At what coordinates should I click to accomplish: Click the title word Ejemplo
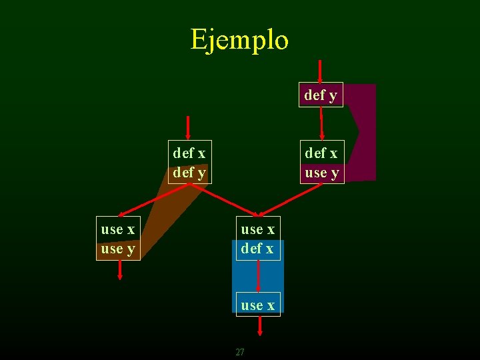tap(239, 39)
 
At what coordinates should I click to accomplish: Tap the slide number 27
tap(240, 352)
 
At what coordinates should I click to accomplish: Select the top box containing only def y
tap(321, 95)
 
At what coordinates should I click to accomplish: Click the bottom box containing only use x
tap(258, 305)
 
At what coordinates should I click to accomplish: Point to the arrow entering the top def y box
tap(321, 71)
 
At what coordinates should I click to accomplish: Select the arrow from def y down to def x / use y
tap(321, 123)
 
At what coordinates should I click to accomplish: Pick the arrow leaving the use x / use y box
tap(120, 269)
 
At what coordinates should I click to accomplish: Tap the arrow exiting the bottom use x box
tap(260, 326)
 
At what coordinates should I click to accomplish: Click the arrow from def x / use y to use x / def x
tap(296, 199)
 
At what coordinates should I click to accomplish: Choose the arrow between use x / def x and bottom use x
tap(258, 276)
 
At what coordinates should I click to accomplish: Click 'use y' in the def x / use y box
tap(322, 173)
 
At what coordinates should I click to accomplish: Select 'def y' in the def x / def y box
tap(189, 173)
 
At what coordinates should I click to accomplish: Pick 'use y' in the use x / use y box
tap(118, 249)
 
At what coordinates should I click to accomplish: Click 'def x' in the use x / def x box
tap(258, 249)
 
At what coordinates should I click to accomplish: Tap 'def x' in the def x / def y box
tap(189, 153)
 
